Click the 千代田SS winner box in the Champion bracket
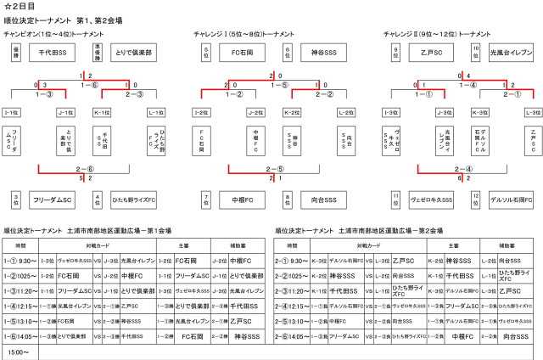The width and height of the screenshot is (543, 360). click(x=53, y=53)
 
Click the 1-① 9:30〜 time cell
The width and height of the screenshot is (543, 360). click(x=20, y=261)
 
